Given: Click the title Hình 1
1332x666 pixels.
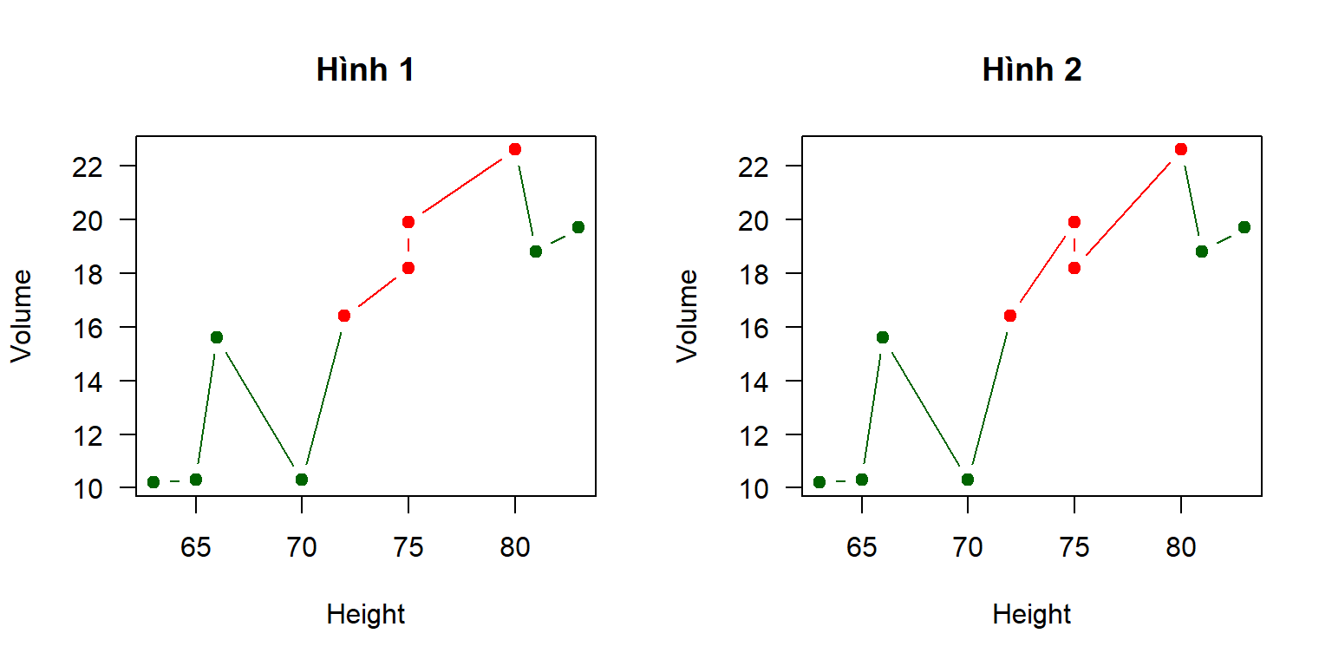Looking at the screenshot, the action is (365, 69).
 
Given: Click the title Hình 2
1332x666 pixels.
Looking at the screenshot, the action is (1032, 69).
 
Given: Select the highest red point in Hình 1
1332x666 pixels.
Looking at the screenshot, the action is (515, 149).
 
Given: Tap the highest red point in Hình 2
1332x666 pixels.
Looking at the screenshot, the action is (1181, 149).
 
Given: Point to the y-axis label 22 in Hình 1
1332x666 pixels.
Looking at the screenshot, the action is (88, 166).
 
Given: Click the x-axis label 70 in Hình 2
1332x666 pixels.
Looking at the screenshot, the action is (968, 547).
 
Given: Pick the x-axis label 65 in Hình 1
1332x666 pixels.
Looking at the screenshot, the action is (196, 547).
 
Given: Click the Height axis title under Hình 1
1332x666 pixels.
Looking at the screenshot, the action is (366, 614).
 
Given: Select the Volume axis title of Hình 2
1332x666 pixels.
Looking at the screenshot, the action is (687, 316).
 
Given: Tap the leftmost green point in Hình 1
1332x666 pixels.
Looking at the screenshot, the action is (153, 481).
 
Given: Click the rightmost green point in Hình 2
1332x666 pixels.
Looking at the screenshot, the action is (1244, 227).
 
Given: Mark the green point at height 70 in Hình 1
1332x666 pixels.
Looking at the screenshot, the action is (302, 480).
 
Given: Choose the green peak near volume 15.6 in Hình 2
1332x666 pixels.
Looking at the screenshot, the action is (883, 337).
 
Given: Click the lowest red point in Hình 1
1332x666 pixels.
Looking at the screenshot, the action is (343, 316).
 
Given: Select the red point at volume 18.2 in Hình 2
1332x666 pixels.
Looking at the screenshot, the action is (1074, 268).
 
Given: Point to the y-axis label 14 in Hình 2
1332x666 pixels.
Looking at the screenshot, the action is (754, 382).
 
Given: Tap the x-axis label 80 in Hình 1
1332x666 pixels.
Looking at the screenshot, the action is (515, 547).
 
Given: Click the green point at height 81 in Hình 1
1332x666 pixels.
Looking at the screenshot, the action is (536, 251).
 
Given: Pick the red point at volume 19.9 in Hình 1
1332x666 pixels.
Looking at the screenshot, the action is (408, 222).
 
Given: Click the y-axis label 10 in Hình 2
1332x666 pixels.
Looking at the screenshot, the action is (754, 489).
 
